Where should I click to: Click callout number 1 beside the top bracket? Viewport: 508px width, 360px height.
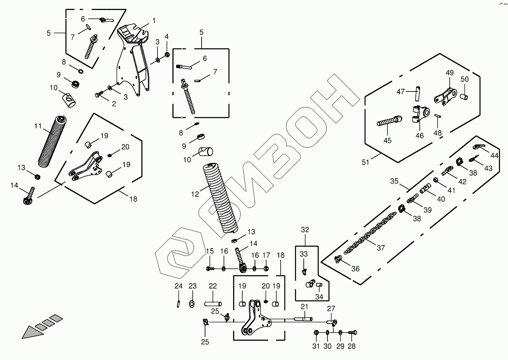click(154, 20)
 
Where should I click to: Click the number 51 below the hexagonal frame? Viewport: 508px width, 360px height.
click(365, 162)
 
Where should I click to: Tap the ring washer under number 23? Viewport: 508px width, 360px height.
click(192, 304)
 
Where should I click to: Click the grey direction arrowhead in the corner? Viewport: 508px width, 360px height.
click(29, 332)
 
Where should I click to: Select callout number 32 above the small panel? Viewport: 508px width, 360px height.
click(304, 230)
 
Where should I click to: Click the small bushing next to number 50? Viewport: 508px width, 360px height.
click(464, 96)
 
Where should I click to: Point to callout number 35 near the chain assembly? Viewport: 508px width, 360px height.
click(395, 181)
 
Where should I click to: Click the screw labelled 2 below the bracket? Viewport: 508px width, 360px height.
click(99, 94)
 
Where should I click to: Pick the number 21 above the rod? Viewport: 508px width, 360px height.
click(304, 307)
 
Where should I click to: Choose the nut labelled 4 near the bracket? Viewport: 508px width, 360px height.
click(167, 54)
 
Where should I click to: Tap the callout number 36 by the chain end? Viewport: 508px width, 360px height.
click(356, 269)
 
